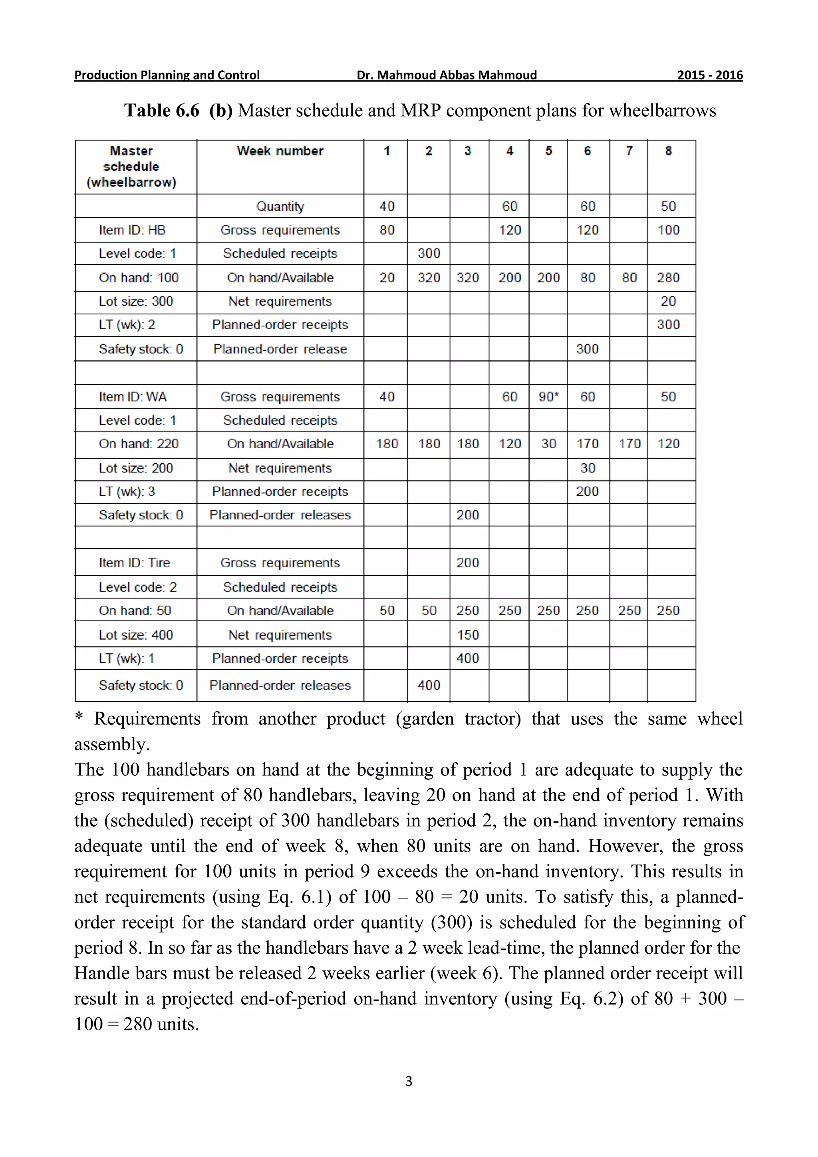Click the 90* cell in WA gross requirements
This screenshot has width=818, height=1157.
pyautogui.click(x=548, y=397)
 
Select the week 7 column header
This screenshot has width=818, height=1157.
pyautogui.click(x=629, y=151)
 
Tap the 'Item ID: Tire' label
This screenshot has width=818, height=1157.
pyautogui.click(x=135, y=563)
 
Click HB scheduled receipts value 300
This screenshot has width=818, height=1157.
pyautogui.click(x=429, y=253)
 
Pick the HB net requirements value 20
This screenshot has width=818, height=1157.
pyautogui.click(x=668, y=301)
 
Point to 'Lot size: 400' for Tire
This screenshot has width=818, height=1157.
pyautogui.click(x=136, y=634)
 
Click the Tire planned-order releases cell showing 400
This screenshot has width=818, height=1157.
pyautogui.click(x=429, y=685)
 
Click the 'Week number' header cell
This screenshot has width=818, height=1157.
pyautogui.click(x=280, y=151)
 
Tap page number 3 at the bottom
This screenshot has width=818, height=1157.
pyautogui.click(x=409, y=1081)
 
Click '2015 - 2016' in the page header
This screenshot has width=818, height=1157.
pyautogui.click(x=710, y=75)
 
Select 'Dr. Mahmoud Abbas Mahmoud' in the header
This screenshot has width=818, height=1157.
pyautogui.click(x=446, y=75)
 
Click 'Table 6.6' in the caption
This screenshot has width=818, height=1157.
pyautogui.click(x=162, y=110)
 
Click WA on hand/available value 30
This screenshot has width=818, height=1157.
pyautogui.click(x=548, y=443)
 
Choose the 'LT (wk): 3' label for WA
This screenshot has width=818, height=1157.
pyautogui.click(x=127, y=491)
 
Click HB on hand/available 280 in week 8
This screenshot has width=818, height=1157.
pyautogui.click(x=668, y=277)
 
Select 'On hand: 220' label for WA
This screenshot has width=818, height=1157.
pyautogui.click(x=139, y=443)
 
